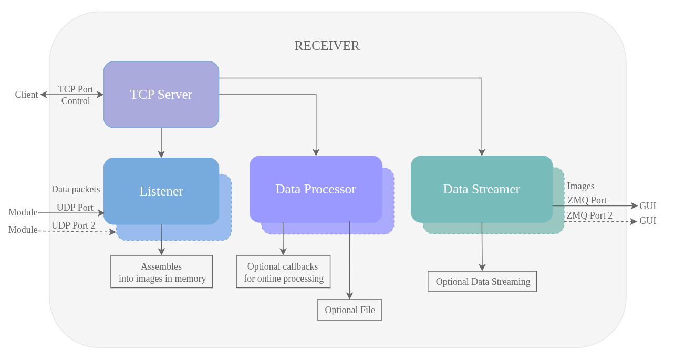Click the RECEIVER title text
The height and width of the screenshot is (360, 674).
tap(327, 46)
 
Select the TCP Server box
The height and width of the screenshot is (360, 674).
tap(161, 95)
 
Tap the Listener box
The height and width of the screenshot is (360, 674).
tap(161, 191)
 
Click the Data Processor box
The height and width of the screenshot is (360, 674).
tap(316, 189)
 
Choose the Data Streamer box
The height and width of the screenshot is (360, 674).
tap(481, 189)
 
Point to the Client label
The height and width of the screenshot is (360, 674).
tap(26, 95)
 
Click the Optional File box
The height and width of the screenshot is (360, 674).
tap(349, 310)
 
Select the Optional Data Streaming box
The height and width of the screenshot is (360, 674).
tap(482, 282)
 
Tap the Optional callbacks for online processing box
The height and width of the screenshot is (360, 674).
tap(283, 272)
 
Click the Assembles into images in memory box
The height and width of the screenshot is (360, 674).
tap(162, 272)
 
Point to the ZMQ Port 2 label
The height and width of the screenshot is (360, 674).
tap(589, 215)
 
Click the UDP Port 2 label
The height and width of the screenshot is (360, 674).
tap(73, 225)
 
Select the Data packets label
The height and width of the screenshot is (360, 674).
tap(76, 189)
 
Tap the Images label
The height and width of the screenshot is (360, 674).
tap(580, 186)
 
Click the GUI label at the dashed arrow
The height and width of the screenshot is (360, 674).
tap(647, 221)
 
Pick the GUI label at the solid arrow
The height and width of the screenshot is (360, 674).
tap(647, 206)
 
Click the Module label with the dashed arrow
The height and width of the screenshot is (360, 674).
tap(23, 230)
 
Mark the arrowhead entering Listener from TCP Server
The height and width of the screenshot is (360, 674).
tap(161, 155)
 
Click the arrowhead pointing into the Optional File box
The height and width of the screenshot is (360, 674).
tap(349, 296)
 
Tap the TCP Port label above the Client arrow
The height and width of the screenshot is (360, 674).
tap(76, 89)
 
